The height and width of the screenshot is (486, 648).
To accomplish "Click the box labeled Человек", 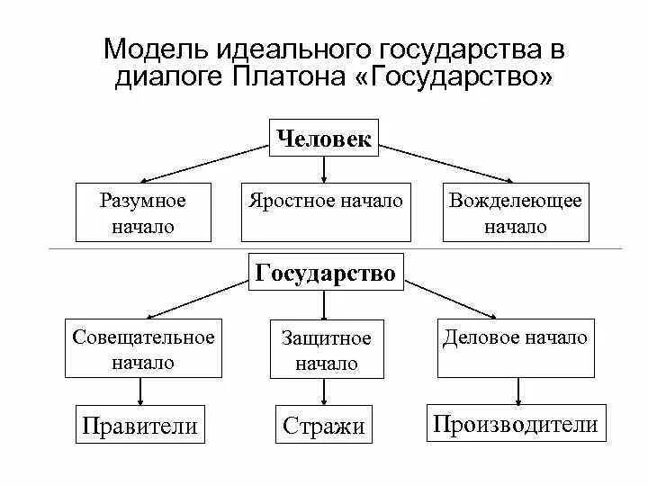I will [324, 138].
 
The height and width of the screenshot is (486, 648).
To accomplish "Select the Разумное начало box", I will [143, 212].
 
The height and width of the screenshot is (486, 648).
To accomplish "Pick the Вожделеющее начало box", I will [516, 212].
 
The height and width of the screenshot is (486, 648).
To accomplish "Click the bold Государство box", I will [326, 273].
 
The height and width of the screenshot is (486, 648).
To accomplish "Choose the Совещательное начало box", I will [143, 349].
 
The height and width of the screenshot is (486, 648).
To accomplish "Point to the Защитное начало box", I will [326, 349].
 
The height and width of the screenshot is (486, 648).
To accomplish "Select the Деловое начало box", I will [516, 347].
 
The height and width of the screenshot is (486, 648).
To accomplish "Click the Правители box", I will [139, 424].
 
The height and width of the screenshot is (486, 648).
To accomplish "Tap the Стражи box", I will [324, 425].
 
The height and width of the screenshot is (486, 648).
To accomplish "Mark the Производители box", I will [516, 423].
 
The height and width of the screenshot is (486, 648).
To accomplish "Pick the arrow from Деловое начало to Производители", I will [518, 391].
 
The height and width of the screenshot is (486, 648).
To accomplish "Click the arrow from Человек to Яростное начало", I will [324, 169].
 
